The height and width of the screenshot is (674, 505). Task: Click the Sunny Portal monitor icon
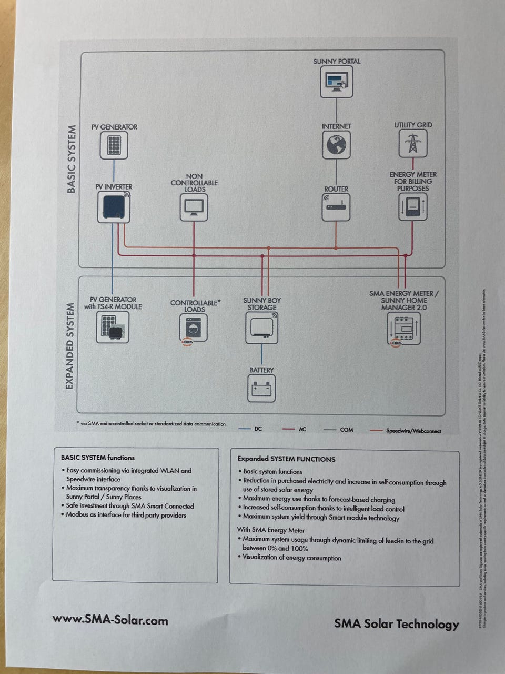pyautogui.click(x=337, y=82)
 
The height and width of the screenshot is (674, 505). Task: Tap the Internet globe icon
pyautogui.click(x=336, y=145)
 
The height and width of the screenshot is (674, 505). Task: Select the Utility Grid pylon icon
pyautogui.click(x=413, y=143)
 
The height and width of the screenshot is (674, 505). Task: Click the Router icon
pyautogui.click(x=336, y=207)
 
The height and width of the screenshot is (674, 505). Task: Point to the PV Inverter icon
pyautogui.click(x=114, y=207)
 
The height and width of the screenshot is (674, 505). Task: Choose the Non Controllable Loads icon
pyautogui.click(x=194, y=207)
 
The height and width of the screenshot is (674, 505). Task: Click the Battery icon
pyautogui.click(x=261, y=389)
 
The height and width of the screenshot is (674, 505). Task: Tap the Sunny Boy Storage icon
pyautogui.click(x=261, y=328)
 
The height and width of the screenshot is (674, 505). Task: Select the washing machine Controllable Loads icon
pyautogui.click(x=194, y=328)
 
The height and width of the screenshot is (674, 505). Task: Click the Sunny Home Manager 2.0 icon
pyautogui.click(x=403, y=329)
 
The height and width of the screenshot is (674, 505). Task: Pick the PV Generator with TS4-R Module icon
pyautogui.click(x=113, y=327)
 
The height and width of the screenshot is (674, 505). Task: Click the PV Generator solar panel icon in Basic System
pyautogui.click(x=114, y=145)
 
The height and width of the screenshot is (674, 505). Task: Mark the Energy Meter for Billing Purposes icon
pyautogui.click(x=412, y=206)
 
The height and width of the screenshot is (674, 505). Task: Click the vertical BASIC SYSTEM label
pyautogui.click(x=72, y=159)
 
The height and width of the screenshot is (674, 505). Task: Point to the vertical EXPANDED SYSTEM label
pyautogui.click(x=69, y=346)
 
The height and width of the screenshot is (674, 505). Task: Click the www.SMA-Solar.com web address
pyautogui.click(x=110, y=620)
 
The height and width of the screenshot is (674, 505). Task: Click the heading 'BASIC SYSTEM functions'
pyautogui.click(x=98, y=458)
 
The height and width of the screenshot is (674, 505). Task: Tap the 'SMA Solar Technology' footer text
pyautogui.click(x=397, y=624)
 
